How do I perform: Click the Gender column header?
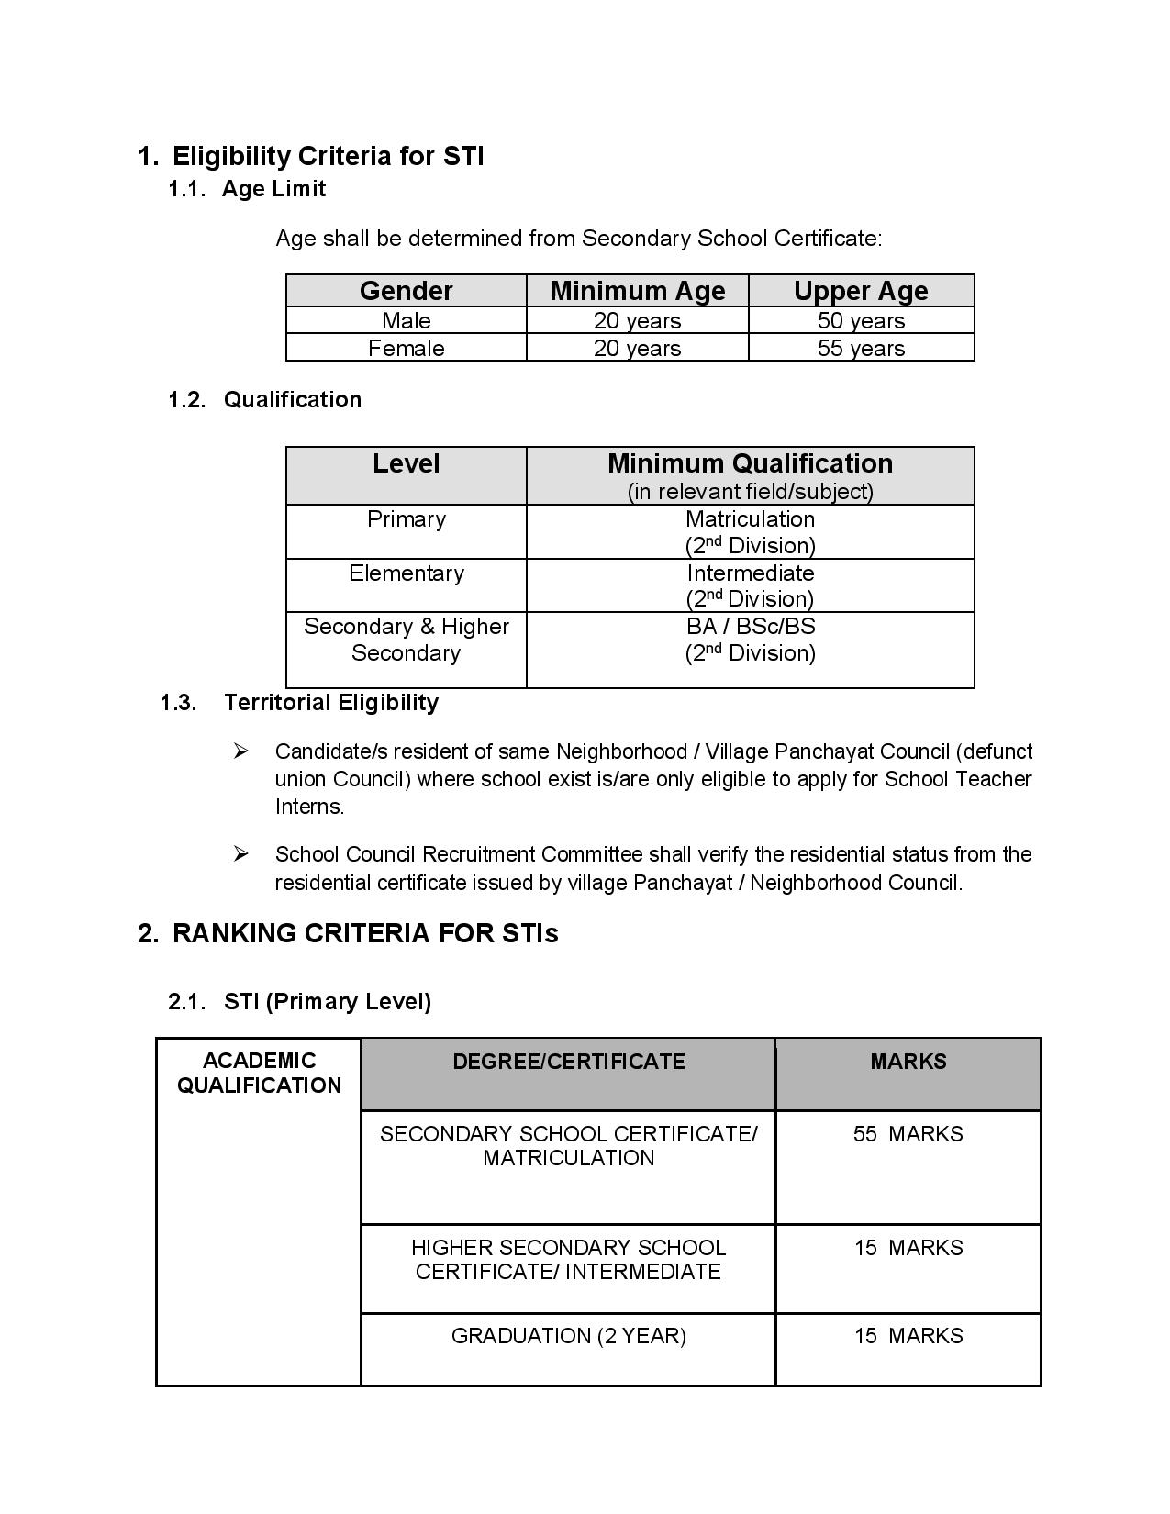pyautogui.click(x=406, y=291)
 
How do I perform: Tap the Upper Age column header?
pyautogui.click(x=861, y=291)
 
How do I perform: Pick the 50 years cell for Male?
pyautogui.click(x=861, y=321)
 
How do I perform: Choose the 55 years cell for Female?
pyautogui.click(x=861, y=349)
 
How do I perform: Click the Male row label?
pyautogui.click(x=406, y=321)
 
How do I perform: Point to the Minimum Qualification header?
pyautogui.click(x=750, y=464)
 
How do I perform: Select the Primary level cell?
pyautogui.click(x=406, y=519)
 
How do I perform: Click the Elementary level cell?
pyautogui.click(x=406, y=573)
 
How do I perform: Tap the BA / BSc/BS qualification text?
pyautogui.click(x=750, y=627)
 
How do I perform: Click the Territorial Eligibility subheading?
pyautogui.click(x=330, y=703)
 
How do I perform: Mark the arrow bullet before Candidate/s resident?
pyautogui.click(x=240, y=751)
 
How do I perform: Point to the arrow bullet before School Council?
pyautogui.click(x=240, y=854)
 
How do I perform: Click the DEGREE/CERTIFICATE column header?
pyautogui.click(x=568, y=1062)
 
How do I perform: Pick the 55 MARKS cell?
pyautogui.click(x=908, y=1134)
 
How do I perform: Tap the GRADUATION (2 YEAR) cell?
pyautogui.click(x=568, y=1336)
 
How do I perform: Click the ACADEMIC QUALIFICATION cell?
pyautogui.click(x=259, y=1074)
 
